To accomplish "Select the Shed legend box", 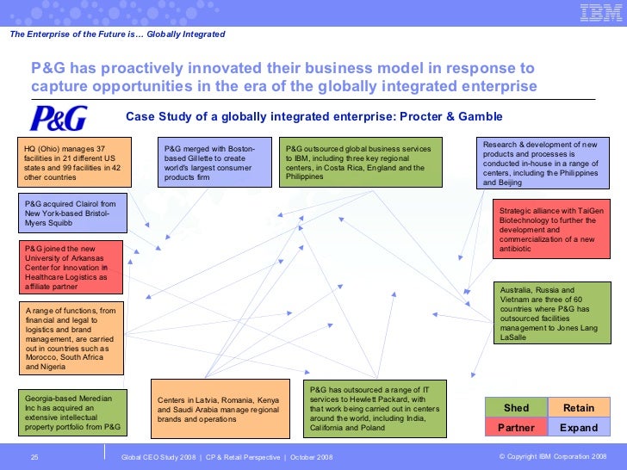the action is tap(516, 407).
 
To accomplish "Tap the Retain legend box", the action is tap(579, 407).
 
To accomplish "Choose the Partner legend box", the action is tap(516, 427).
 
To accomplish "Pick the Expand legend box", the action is tap(579, 427).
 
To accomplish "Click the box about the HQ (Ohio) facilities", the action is tap(74, 162).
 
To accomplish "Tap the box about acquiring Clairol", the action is tap(71, 212).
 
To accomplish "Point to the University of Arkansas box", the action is tap(70, 267).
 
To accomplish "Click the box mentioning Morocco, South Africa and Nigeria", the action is tap(70, 337).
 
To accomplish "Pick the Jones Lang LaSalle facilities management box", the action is tap(546, 313).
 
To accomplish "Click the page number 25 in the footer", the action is tap(34, 455).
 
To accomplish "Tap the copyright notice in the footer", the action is tap(552, 455).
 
